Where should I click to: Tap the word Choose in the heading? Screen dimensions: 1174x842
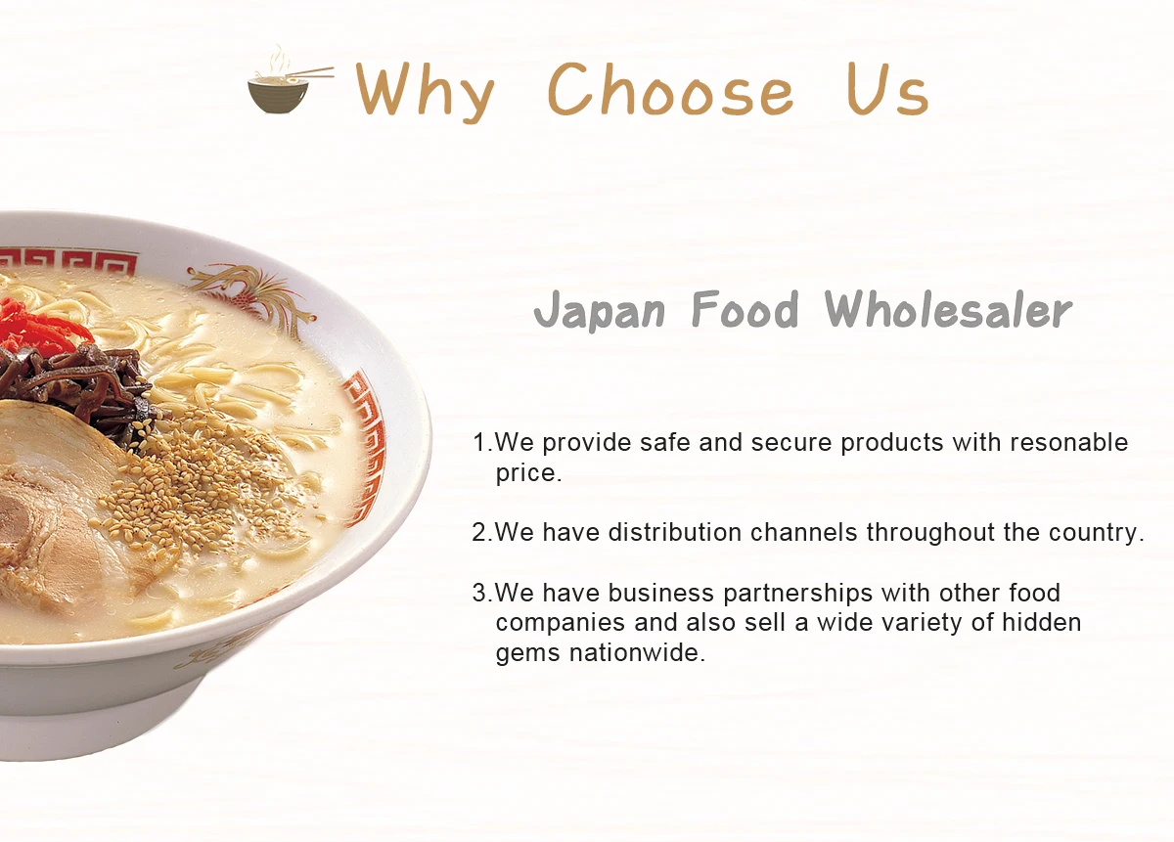coord(670,89)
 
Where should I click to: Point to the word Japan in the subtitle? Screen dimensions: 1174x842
coord(599,311)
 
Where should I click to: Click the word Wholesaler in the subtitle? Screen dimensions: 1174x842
coord(949,309)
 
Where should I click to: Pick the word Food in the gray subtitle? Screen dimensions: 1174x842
coord(745,309)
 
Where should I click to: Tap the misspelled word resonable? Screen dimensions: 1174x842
coord(1068,442)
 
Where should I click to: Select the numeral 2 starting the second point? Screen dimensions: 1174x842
coord(479,532)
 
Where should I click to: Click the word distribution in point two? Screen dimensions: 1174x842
coord(674,532)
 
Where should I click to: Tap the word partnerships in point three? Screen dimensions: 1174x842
coord(797,595)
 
